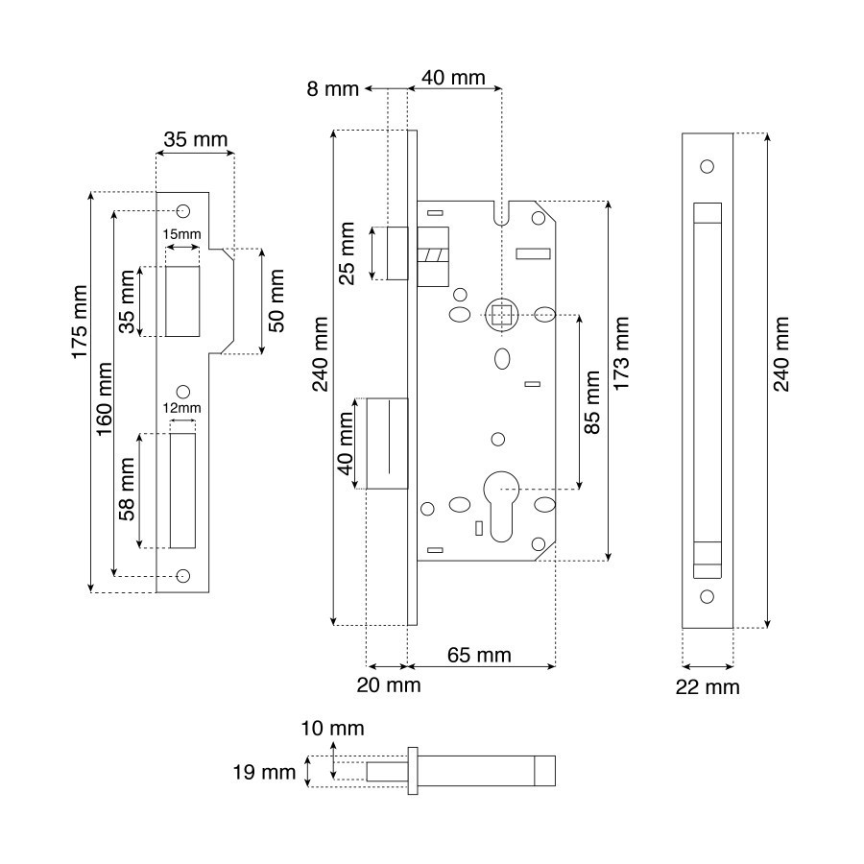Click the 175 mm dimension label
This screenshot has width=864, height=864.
coord(80,322)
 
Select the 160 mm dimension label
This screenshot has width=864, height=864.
coord(104,399)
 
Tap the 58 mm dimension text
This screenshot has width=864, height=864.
coord(127,490)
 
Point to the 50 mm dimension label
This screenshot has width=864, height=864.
coord(276,300)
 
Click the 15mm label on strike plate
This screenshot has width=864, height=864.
coord(181,234)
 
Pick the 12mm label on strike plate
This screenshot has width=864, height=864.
coord(181,408)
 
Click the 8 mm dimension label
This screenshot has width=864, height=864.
coord(333,88)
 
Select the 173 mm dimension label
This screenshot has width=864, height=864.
coord(621,353)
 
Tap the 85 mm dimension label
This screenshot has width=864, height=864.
coord(591,402)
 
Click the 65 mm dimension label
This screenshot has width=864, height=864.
coord(479,655)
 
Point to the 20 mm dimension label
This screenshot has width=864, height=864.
coord(389,685)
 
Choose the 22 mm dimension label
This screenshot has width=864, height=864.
coord(708,687)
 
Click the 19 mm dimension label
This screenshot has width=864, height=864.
coord(264,772)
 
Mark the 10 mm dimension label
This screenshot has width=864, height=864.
coord(332,729)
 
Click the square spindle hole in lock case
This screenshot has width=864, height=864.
coord(501,316)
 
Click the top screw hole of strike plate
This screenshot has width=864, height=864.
coord(183,211)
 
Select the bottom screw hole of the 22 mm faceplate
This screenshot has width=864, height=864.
coord(707,597)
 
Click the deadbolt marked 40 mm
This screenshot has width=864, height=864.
coord(388,444)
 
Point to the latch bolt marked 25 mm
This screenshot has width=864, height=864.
coord(397,252)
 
